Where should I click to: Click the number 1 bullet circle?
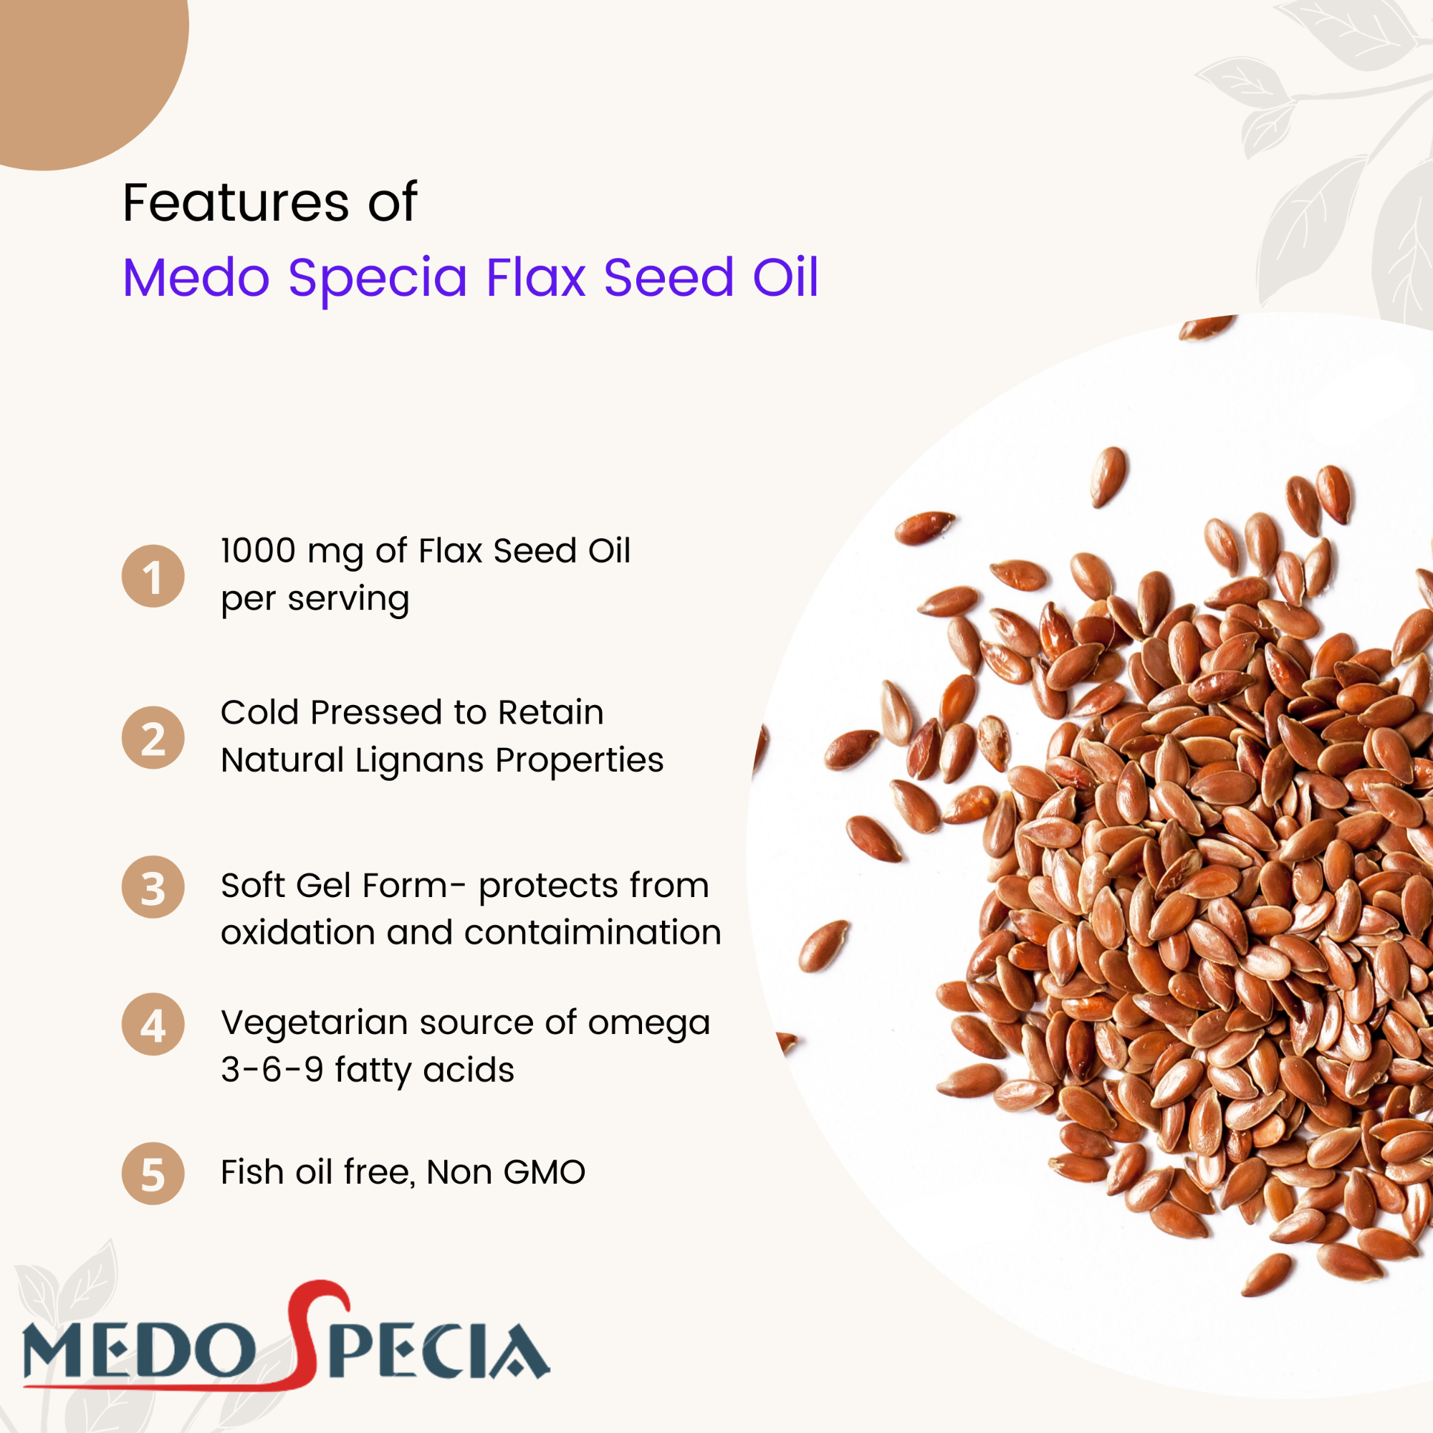click(153, 576)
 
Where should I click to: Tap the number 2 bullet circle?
click(153, 737)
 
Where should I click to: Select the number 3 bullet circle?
click(153, 887)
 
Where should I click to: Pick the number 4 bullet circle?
click(153, 1025)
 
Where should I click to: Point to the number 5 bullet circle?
click(153, 1174)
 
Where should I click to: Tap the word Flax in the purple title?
click(535, 277)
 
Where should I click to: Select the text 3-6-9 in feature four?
click(272, 1070)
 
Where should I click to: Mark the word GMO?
click(544, 1173)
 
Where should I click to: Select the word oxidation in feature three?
click(297, 932)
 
